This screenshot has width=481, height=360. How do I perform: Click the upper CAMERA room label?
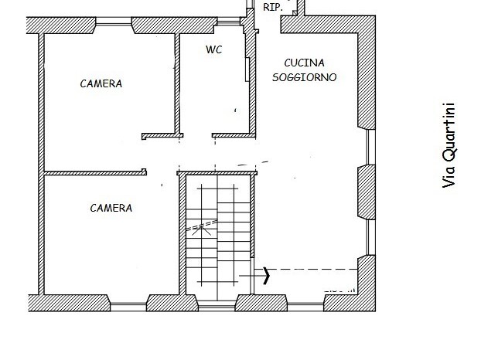(101, 84)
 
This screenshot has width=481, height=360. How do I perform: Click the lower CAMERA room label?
(111, 208)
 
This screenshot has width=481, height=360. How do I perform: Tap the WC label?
(214, 49)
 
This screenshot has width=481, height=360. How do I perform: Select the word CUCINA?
(304, 63)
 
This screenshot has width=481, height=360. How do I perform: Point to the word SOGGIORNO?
(305, 77)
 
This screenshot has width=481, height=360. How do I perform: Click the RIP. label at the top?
(272, 7)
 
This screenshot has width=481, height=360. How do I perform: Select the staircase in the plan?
(219, 236)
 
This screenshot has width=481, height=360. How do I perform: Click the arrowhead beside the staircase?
(267, 274)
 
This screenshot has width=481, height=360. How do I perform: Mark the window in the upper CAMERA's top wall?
(114, 27)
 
